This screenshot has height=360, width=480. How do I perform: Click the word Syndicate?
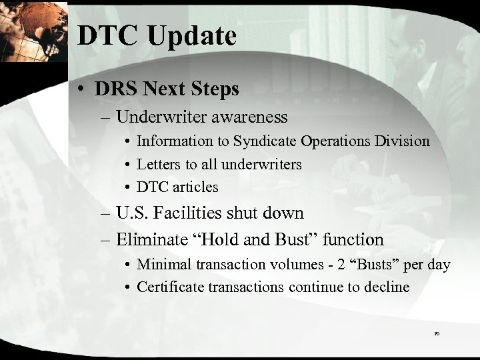[264, 141]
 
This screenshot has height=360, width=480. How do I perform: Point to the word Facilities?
[185, 213]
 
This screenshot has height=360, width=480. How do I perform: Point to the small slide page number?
[436, 331]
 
